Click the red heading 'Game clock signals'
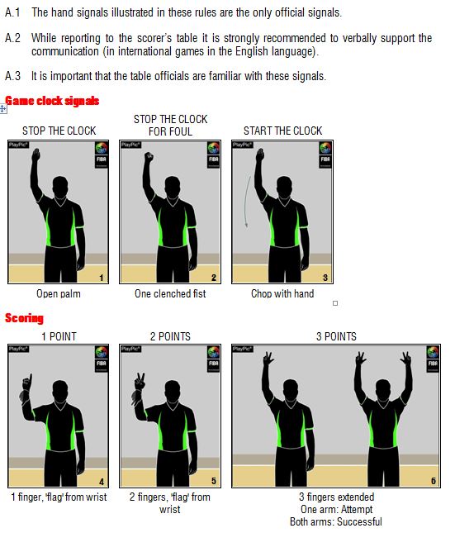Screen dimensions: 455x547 click(52, 101)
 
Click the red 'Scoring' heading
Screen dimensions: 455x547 click(24, 318)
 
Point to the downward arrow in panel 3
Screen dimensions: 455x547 click(247, 202)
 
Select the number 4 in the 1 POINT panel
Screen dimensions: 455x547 click(102, 482)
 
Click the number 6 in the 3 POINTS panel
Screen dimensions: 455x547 click(434, 481)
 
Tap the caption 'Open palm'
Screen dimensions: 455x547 click(59, 293)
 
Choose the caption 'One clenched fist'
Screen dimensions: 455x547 click(170, 293)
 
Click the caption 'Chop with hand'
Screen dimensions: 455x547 click(282, 293)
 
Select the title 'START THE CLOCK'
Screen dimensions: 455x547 click(282, 131)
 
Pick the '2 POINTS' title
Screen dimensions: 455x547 click(170, 336)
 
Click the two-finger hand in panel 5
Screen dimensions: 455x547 click(140, 382)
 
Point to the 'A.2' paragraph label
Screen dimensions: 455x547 click(13, 38)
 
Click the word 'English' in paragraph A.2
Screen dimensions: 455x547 click(251, 51)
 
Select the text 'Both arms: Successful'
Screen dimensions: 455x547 click(336, 522)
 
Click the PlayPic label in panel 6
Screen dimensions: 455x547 click(243, 349)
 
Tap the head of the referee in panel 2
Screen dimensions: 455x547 click(172, 186)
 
